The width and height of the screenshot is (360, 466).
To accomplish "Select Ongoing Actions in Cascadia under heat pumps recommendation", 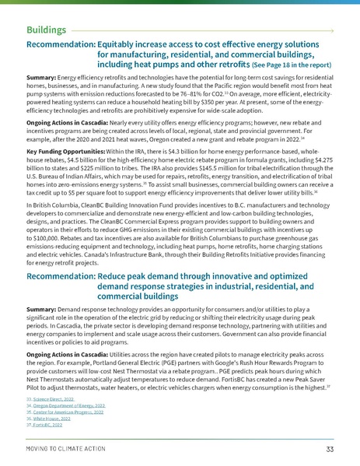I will [68, 134].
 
